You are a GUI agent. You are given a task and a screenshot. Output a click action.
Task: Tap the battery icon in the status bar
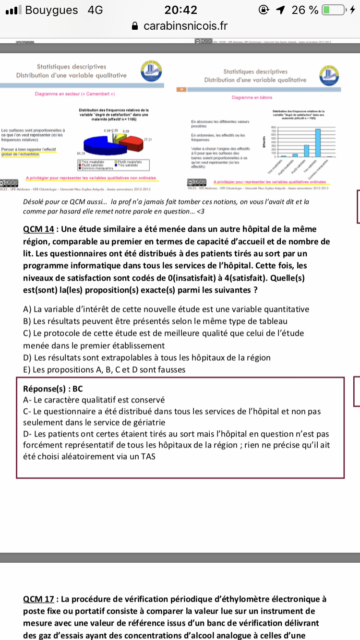click(x=334, y=10)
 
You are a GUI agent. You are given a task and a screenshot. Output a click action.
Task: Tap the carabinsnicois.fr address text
click(x=185, y=26)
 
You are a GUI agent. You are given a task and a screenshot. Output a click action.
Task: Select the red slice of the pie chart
click(x=130, y=141)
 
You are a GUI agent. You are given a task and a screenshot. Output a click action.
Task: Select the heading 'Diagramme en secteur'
click(x=74, y=94)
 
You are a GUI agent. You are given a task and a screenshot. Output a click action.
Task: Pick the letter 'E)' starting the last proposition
click(x=27, y=369)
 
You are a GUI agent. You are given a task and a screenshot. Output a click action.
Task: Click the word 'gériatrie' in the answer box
click(x=149, y=422)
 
